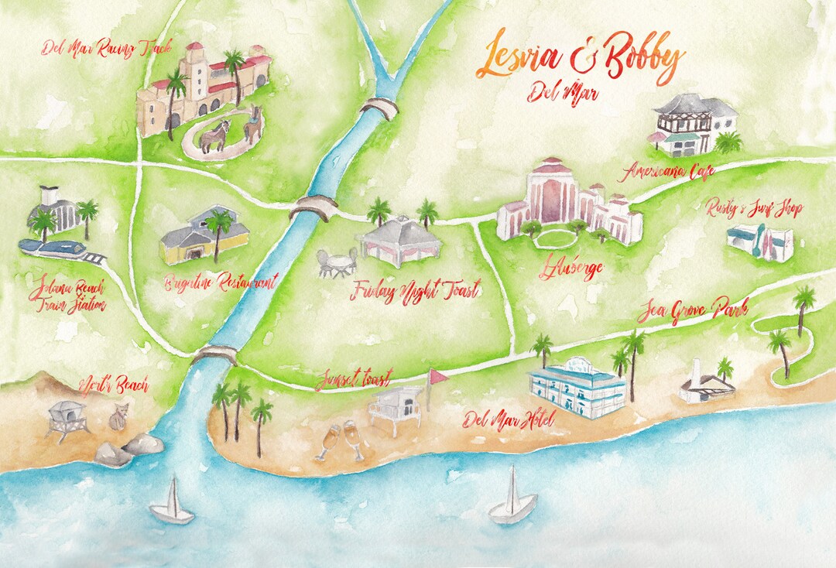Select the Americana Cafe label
pyautogui.click(x=671, y=171)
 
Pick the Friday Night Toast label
pyautogui.click(x=414, y=291)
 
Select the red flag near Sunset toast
pyautogui.click(x=439, y=377)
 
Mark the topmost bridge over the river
pyautogui.click(x=379, y=108)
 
